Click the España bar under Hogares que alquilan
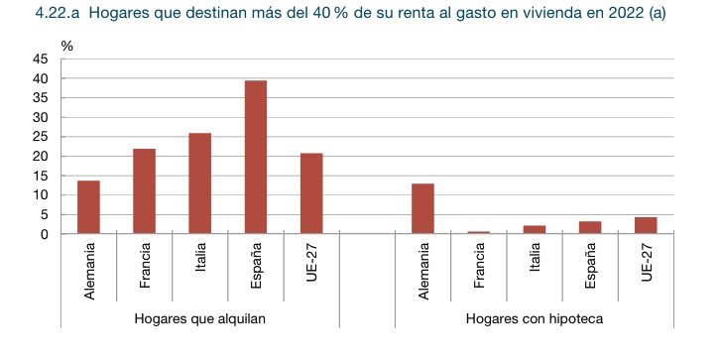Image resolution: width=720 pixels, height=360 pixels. point(256,158)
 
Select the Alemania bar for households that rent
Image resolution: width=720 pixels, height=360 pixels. point(88,207)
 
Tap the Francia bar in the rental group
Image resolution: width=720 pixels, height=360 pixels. point(145,191)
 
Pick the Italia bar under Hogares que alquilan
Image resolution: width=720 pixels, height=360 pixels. point(200,183)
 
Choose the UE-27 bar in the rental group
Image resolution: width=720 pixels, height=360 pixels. point(311,193)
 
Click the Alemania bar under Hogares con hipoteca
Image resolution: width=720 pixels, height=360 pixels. point(422,209)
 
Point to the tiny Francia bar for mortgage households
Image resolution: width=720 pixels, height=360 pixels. point(479,232)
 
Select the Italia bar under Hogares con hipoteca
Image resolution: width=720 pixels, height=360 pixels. point(535,230)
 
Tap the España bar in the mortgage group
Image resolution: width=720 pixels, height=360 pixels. point(590,228)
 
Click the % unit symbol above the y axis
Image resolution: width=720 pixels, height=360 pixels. point(66,46)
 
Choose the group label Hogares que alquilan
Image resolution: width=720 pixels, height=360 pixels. point(200,319)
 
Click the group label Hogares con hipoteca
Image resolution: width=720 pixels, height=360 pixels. point(535,319)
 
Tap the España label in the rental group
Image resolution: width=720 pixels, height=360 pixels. point(257,268)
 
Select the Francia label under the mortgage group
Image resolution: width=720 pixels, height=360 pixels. point(479,267)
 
